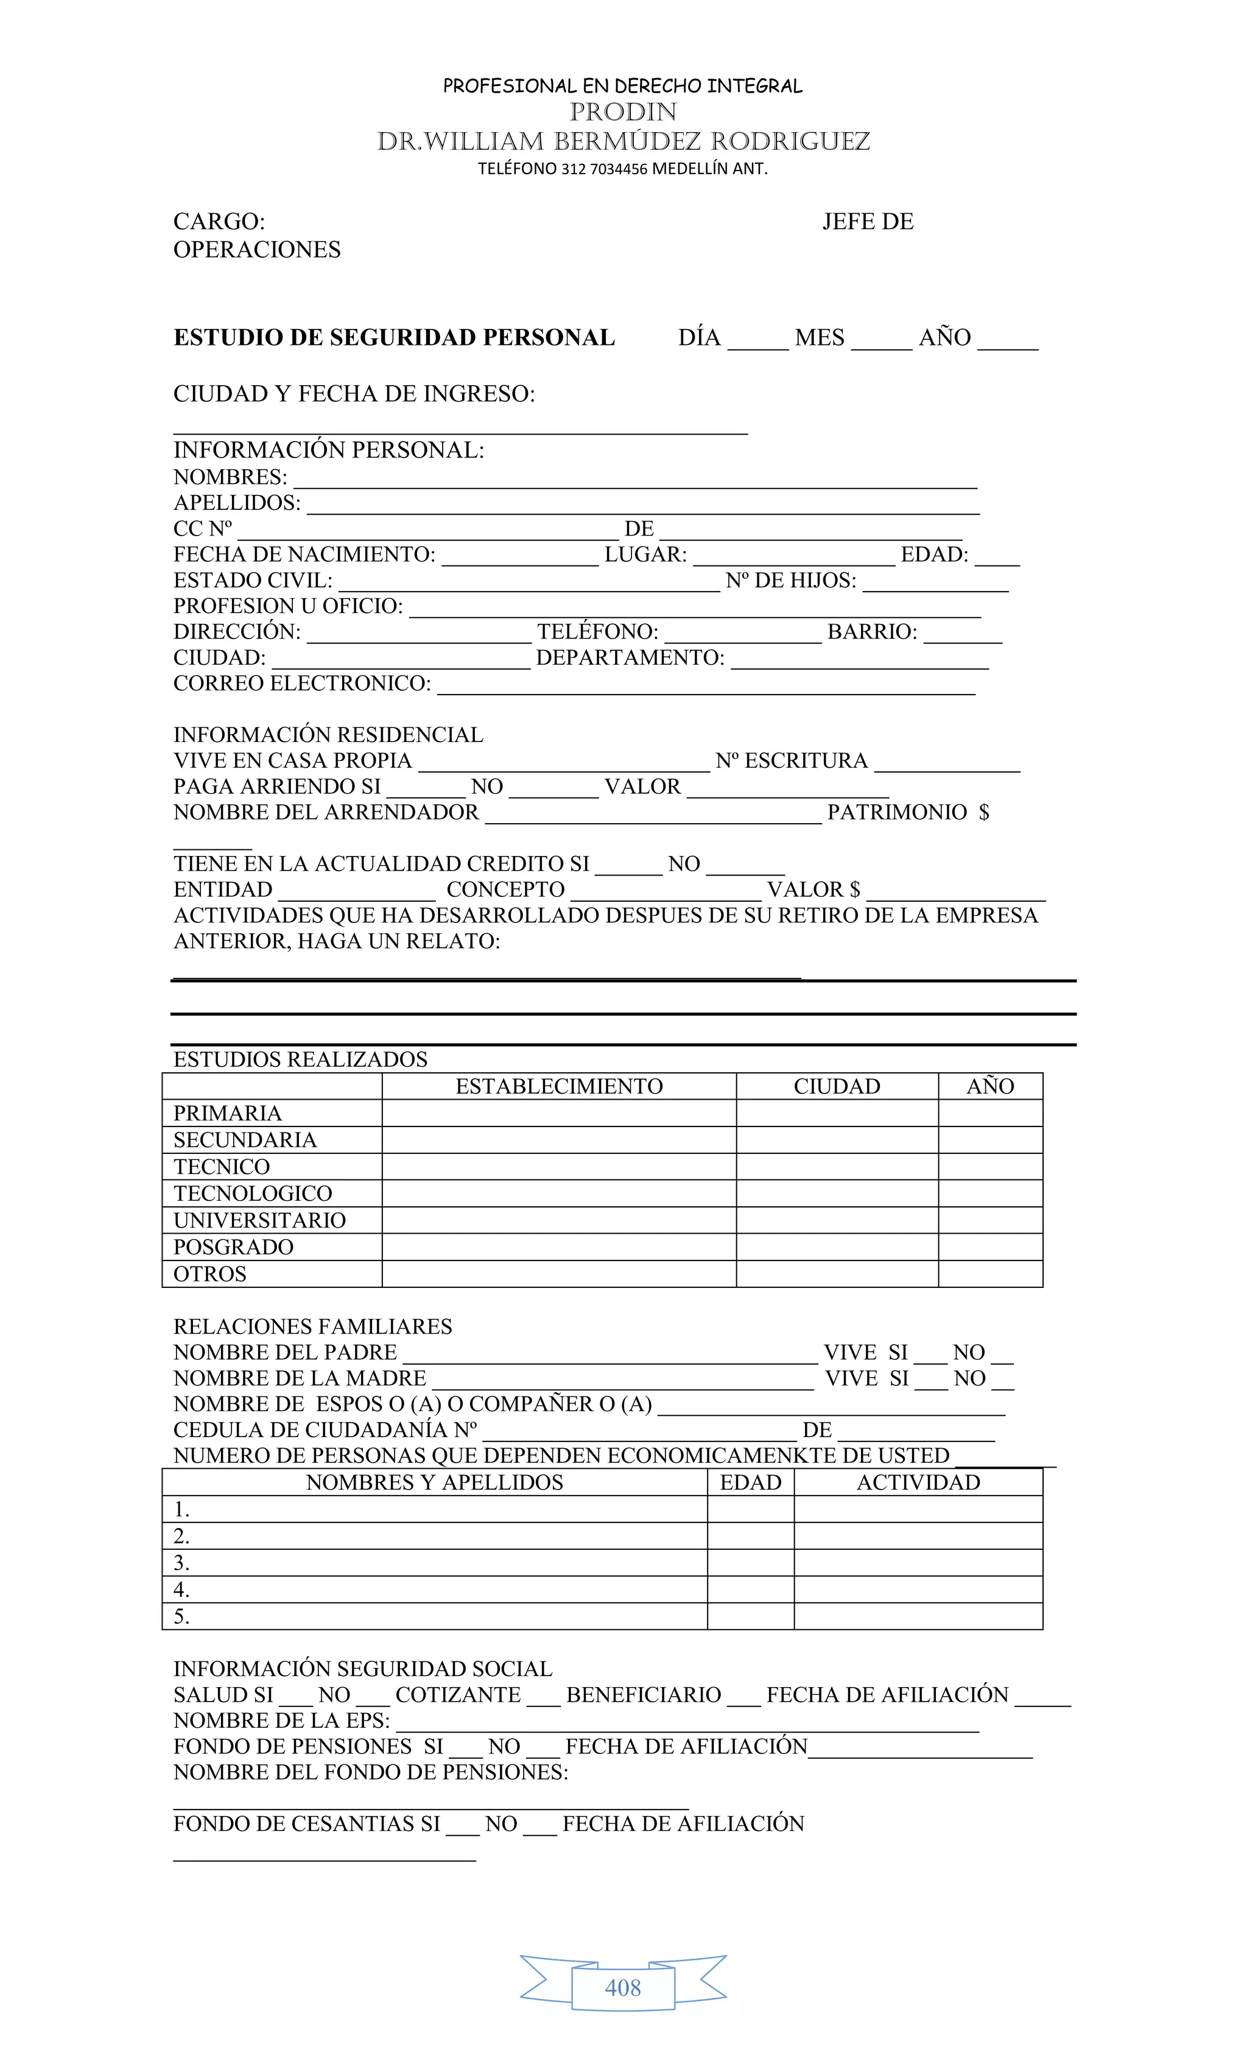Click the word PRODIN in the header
pos(623,111)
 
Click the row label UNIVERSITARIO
pos(259,1220)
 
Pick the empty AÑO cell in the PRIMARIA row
pos(989,1113)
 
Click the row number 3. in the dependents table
pos(181,1563)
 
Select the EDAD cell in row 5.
pos(750,1616)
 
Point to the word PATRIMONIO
pos(896,812)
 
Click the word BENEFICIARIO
pos(644,1695)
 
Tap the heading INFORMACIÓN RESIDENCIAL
pos(328,735)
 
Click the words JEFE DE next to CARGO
pos(867,221)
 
